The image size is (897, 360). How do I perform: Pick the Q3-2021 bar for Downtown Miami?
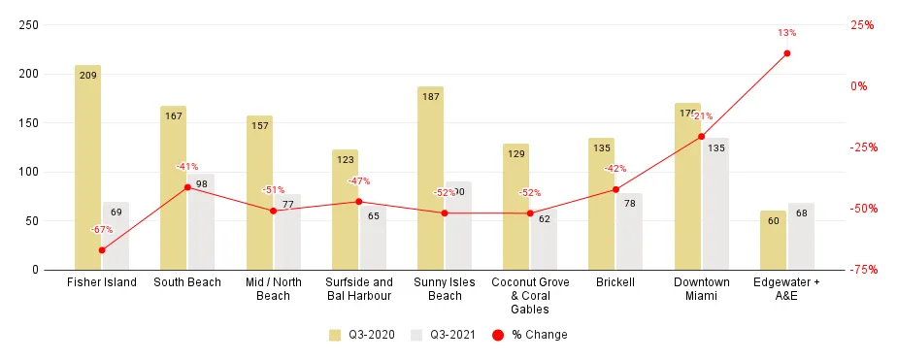click(715, 204)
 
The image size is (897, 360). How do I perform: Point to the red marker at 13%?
click(786, 53)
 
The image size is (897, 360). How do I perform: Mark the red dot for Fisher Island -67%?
click(102, 249)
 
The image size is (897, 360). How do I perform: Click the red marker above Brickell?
click(615, 189)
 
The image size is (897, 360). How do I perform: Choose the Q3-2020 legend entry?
click(359, 335)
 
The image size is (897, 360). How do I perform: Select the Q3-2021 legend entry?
click(442, 335)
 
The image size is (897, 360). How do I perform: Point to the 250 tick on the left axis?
click(29, 25)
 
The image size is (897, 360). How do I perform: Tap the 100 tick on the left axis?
click(29, 172)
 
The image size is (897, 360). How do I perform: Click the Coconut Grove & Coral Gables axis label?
click(530, 295)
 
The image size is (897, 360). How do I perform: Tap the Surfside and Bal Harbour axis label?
click(358, 289)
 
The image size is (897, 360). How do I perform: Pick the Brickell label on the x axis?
click(615, 282)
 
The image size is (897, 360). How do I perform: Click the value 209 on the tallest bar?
click(87, 74)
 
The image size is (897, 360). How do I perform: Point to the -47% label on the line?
click(359, 181)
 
